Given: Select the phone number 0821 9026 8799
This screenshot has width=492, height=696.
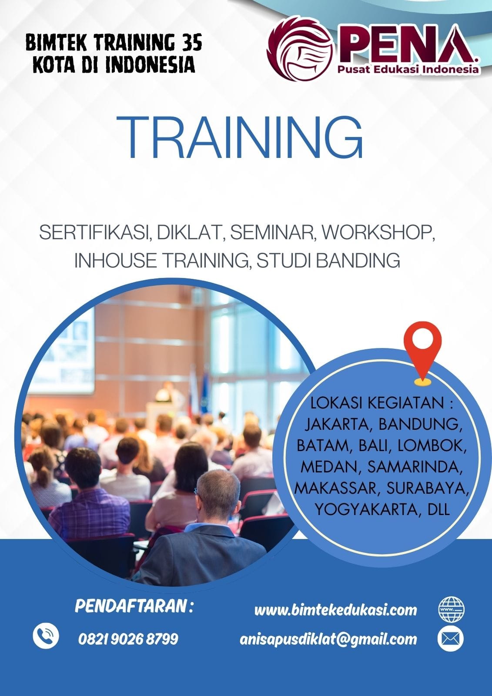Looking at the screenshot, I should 128,639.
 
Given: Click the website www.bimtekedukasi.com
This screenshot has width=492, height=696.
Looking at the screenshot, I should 335,610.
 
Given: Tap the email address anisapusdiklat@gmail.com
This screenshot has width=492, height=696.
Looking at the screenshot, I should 328,639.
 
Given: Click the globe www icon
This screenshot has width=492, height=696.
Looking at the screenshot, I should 451,609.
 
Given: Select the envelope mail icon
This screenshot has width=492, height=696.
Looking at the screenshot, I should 451,639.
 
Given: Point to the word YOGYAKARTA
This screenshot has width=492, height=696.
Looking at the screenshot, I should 366,509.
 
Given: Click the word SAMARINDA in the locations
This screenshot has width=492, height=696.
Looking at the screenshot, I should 414,466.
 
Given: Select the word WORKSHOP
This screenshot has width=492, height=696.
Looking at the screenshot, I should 378,233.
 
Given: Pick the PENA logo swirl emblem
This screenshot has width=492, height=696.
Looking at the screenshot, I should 300,49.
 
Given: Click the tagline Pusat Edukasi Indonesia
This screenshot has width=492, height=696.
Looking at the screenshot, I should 408,70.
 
